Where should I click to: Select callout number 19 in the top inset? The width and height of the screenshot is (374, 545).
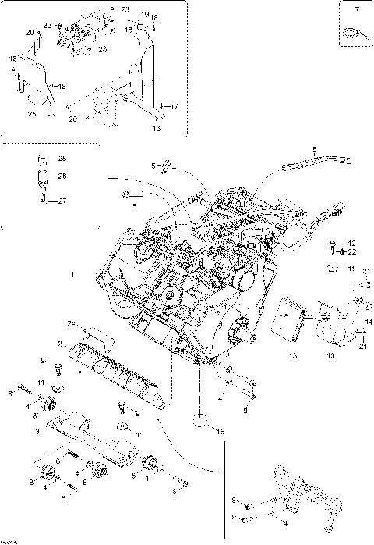[x=144, y=15]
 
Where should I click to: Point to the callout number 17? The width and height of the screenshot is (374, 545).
[x=175, y=106]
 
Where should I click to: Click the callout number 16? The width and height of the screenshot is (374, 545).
[x=156, y=126]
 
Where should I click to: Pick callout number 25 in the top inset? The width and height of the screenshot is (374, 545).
[x=32, y=115]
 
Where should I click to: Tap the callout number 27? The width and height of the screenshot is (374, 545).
[x=63, y=201]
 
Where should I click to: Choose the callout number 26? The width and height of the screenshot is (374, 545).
[x=62, y=176]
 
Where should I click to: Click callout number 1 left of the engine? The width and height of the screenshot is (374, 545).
[x=72, y=275]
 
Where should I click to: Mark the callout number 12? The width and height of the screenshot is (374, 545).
[x=352, y=244]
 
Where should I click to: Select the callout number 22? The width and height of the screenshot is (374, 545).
[x=352, y=251]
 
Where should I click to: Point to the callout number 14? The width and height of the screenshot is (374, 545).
[x=369, y=322]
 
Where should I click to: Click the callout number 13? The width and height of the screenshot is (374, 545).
[x=293, y=355]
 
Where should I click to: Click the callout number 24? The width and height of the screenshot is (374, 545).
[x=69, y=322]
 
